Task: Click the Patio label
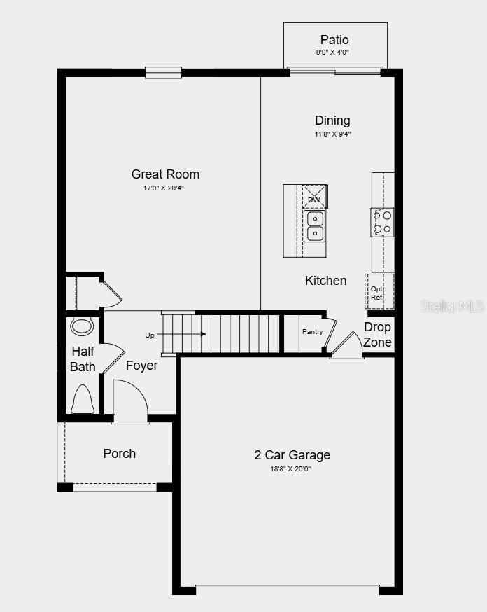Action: [x=334, y=40]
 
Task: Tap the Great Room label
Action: [x=165, y=174]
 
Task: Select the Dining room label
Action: [x=332, y=120]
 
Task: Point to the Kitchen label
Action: [x=325, y=281]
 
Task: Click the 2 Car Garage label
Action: [x=292, y=455]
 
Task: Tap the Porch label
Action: [x=120, y=454]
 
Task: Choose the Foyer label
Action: [x=141, y=366]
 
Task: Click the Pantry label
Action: [x=312, y=331]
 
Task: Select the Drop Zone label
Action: [x=377, y=335]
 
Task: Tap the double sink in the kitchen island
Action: [x=315, y=225]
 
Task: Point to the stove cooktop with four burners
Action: [x=382, y=223]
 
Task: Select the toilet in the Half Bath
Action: [x=82, y=399]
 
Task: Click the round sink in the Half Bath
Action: [x=83, y=326]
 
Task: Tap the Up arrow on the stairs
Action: [x=185, y=334]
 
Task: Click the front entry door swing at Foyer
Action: [x=130, y=401]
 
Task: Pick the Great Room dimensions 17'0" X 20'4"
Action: [x=165, y=188]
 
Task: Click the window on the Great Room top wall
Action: [x=164, y=71]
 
